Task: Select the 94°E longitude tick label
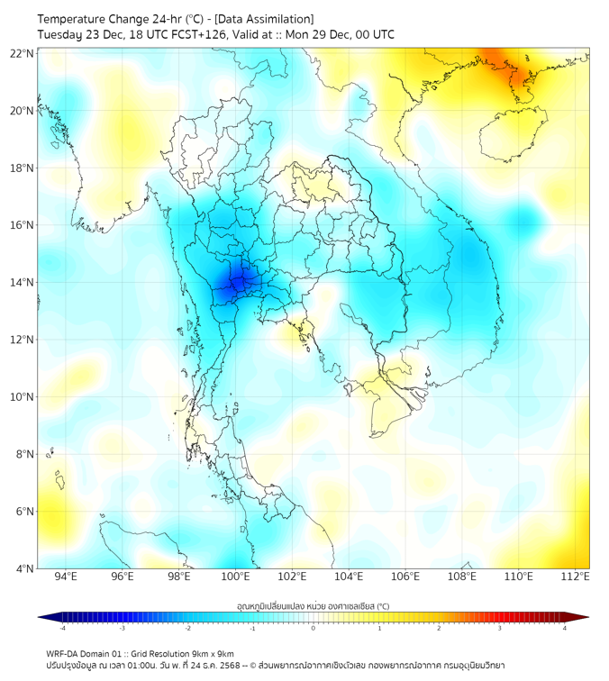pyautogui.click(x=66, y=577)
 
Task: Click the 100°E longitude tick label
pyautogui.click(x=236, y=577)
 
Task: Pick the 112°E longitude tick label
pyautogui.click(x=575, y=577)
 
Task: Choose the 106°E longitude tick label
pyautogui.click(x=405, y=577)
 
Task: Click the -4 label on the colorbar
pyautogui.click(x=61, y=628)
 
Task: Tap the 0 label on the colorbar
pyautogui.click(x=314, y=628)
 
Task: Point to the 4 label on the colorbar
pyautogui.click(x=565, y=628)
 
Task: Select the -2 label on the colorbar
pyautogui.click(x=186, y=628)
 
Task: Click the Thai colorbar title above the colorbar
pyautogui.click(x=313, y=605)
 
